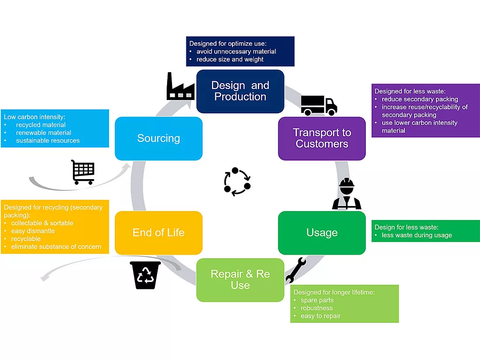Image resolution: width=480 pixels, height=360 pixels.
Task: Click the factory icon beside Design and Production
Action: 180,86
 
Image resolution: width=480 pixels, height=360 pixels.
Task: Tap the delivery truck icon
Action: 319,105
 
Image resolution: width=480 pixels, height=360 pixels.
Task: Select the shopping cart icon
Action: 83,172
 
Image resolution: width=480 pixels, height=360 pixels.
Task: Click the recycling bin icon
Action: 145,275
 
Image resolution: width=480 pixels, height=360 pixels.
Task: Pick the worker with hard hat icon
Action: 347,194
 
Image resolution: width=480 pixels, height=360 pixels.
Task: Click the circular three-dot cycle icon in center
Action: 237,181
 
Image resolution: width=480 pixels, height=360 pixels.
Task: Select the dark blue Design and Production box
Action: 240,91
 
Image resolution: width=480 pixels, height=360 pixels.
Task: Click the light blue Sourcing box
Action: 158,138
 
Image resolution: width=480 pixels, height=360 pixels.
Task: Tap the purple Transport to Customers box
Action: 322,138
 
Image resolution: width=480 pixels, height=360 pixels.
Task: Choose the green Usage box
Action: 322,232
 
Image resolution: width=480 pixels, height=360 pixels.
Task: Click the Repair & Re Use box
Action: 240,280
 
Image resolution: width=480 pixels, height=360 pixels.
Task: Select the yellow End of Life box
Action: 158,232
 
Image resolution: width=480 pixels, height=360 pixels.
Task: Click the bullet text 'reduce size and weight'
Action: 230,60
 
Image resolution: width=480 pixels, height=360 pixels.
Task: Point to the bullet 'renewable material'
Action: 44,133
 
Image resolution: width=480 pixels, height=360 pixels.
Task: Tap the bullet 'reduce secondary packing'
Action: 420,99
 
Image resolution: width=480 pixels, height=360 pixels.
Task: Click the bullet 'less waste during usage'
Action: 416,235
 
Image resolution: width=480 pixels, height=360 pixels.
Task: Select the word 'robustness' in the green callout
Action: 316,308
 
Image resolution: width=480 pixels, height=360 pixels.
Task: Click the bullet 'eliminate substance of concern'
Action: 56,247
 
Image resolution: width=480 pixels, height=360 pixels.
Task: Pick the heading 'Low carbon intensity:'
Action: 35,117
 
